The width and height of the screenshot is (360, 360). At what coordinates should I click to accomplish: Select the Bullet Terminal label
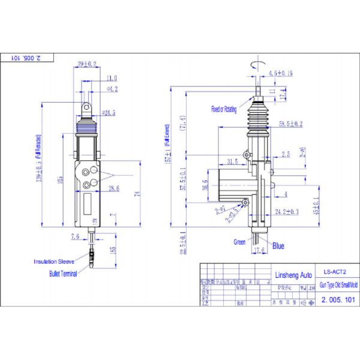63,273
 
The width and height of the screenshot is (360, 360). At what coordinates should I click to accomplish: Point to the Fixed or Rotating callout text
224,109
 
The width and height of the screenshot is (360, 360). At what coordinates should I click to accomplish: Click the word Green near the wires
239,242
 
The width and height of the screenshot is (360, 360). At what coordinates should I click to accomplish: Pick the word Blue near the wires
278,245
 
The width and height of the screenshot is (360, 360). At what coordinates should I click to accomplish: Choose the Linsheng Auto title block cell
290,274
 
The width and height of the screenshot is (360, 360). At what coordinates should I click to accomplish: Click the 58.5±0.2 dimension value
290,124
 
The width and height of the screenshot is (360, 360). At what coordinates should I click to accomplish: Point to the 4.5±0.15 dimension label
280,73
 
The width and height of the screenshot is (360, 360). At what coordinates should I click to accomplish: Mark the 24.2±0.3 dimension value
286,211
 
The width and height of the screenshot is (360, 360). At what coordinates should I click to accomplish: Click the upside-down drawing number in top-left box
28,58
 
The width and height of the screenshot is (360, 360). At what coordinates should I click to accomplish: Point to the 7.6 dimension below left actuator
75,236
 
